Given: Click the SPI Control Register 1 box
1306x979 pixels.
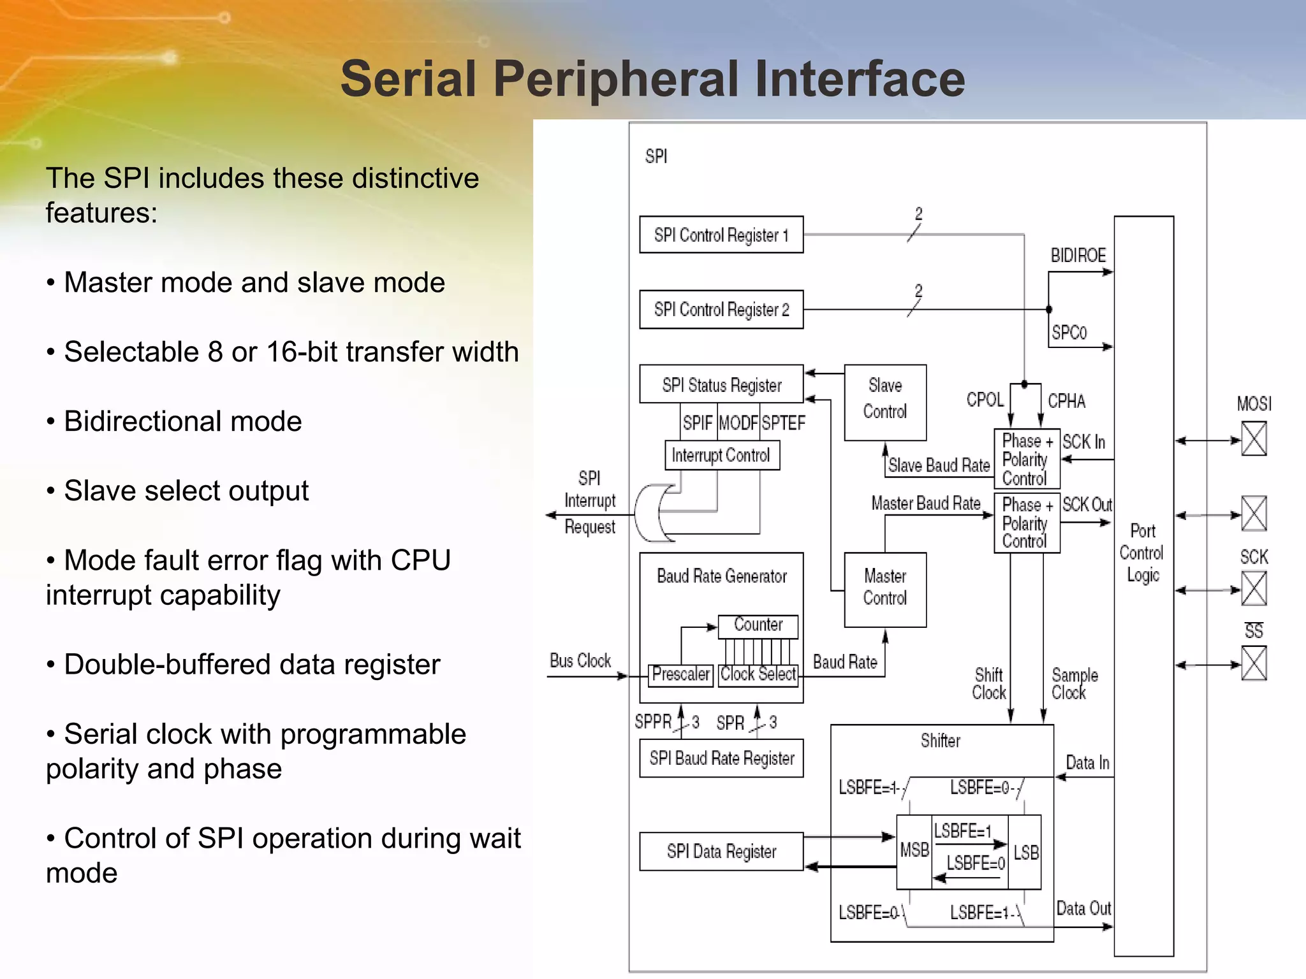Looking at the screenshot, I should click(721, 235).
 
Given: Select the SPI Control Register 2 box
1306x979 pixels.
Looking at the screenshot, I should click(721, 310).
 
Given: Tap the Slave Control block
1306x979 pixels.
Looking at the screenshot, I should click(885, 402).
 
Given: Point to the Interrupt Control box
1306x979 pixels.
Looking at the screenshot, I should click(721, 456).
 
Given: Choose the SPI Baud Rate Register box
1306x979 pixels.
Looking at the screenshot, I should click(721, 758).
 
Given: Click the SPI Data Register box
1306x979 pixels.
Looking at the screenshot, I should click(721, 852).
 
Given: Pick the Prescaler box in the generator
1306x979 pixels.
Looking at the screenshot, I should click(680, 674).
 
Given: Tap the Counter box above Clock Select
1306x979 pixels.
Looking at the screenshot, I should click(758, 625).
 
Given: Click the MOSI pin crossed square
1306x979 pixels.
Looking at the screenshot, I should click(1253, 439).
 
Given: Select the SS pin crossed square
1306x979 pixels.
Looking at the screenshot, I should click(1253, 664).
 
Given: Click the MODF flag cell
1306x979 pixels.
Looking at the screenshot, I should click(738, 423).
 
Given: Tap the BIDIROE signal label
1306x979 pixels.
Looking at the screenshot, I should click(1078, 256).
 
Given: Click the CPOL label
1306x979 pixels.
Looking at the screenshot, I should click(985, 400).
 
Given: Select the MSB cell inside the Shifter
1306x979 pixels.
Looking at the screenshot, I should click(914, 850).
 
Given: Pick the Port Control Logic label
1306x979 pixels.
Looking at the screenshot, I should click(1141, 553).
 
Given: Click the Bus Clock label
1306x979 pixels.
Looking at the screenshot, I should click(580, 661).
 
